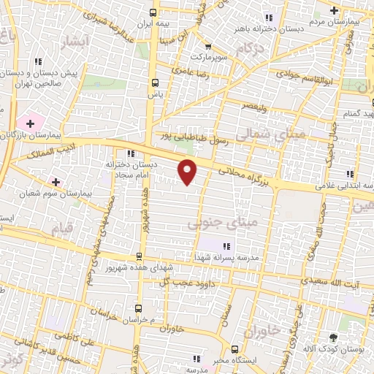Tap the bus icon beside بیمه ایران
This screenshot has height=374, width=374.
(153, 12)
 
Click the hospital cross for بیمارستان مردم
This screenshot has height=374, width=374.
(334, 11)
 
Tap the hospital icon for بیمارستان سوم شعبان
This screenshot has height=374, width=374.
(56, 180)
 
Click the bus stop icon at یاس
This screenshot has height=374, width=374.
(155, 83)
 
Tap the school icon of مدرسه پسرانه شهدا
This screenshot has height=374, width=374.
(225, 245)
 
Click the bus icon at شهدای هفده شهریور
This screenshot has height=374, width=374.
(139, 256)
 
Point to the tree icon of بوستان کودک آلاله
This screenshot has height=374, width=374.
(333, 337)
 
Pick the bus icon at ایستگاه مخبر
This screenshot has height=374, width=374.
(234, 348)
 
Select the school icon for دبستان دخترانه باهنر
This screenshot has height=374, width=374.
(269, 18)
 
